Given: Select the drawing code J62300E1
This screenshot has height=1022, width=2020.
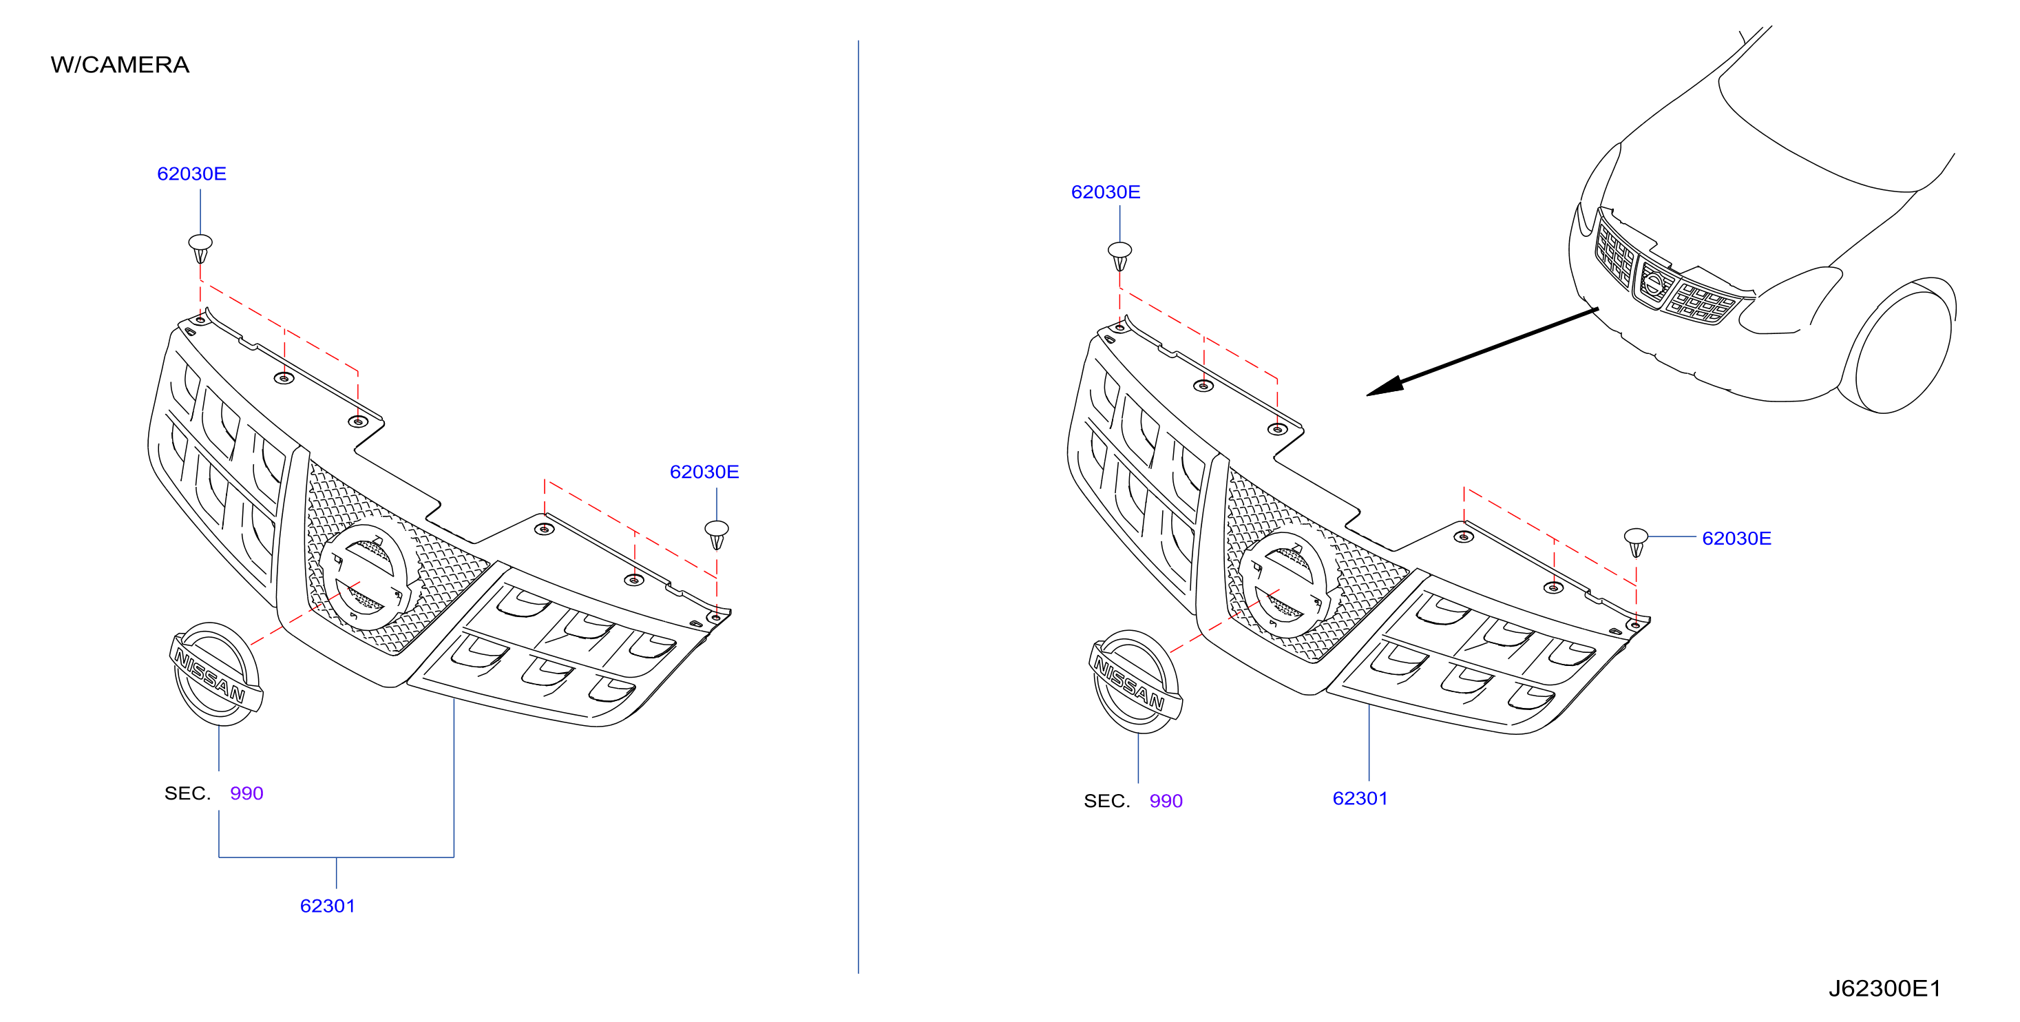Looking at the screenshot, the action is (1884, 988).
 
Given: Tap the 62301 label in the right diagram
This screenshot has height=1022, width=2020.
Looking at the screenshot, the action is (1360, 798).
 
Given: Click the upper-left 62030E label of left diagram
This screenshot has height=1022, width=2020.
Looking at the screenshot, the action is (191, 174).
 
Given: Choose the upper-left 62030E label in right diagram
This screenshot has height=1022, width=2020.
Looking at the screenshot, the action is (1106, 192).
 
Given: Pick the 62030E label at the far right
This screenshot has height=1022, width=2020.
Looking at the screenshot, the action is (1737, 538).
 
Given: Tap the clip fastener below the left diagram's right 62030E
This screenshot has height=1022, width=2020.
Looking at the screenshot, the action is (717, 535).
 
